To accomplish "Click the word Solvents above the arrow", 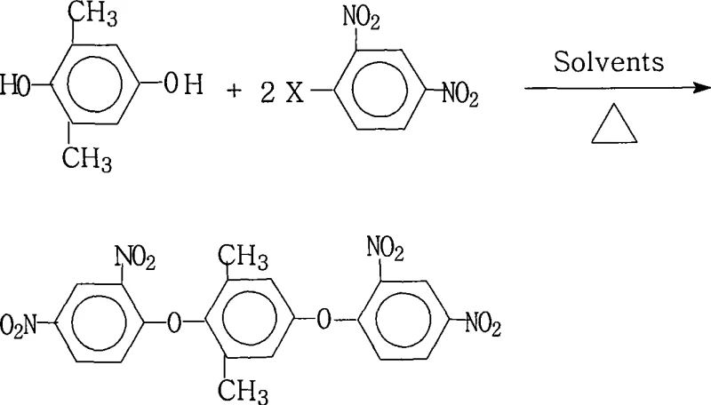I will coord(609,64).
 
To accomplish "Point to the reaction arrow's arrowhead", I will coord(700,88).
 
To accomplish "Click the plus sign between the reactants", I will coord(234,91).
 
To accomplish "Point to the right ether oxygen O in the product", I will coord(326,320).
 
